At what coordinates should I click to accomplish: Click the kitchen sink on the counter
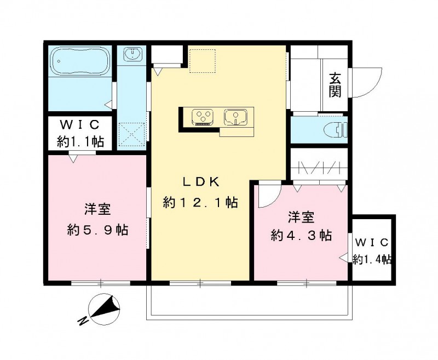point(236,117)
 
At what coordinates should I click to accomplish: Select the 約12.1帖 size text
point(200,203)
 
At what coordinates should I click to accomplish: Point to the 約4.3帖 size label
point(302,236)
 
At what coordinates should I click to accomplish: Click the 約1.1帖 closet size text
point(80,141)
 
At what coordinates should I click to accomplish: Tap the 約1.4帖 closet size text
point(372,259)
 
